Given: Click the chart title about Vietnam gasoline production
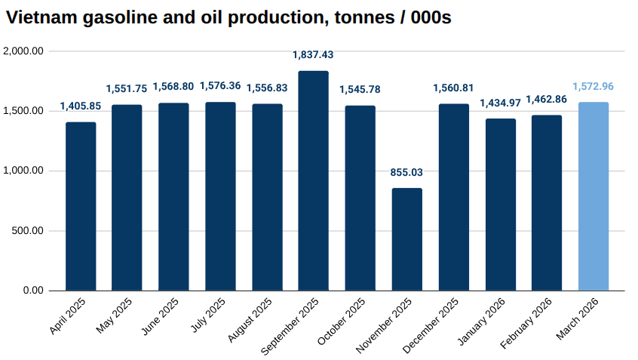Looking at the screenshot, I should [x=229, y=17].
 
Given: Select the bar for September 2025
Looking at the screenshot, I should [x=313, y=181].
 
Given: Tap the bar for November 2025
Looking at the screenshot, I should [x=406, y=239].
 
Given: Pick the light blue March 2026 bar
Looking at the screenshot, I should [x=593, y=196].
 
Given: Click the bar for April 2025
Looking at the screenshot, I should [x=81, y=206].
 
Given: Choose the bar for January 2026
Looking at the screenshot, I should [x=500, y=205].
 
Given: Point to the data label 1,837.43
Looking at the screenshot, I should [x=313, y=55].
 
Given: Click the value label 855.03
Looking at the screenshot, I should [x=406, y=172].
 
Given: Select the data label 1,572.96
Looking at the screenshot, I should [x=593, y=86].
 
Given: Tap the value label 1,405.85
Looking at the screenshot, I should [x=81, y=106].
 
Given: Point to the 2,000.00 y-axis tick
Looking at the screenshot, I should [x=23, y=51].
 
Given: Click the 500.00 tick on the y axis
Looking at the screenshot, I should [x=28, y=231].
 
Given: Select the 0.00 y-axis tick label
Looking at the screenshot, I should [x=33, y=291].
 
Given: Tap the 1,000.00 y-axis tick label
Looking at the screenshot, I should [x=23, y=171].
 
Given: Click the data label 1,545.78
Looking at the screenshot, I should [x=360, y=90].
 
